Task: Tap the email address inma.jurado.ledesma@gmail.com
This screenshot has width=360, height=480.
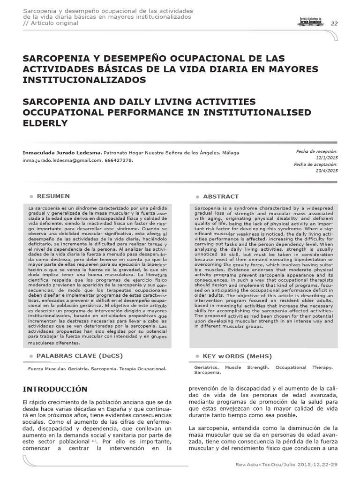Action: tap(62, 160)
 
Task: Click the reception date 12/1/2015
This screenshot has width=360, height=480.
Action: tap(327, 158)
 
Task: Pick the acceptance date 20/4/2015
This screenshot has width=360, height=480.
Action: tap(327, 172)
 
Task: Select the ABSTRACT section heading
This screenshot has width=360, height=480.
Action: tap(221, 196)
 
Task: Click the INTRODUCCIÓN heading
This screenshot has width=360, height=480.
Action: tap(55, 390)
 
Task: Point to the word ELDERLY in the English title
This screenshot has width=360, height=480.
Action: tap(45, 123)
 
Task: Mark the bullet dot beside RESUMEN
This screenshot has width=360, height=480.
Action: tap(31, 196)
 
